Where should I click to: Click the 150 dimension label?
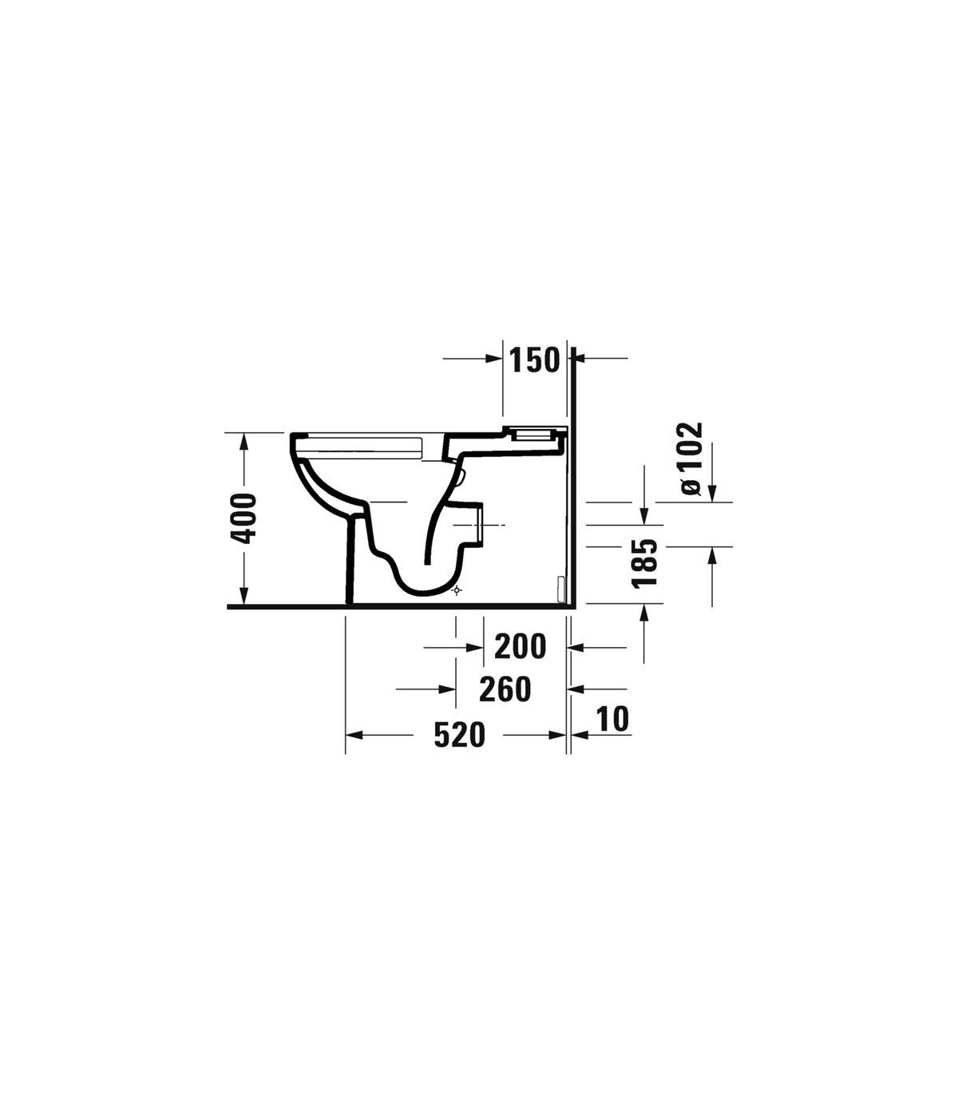click(x=533, y=360)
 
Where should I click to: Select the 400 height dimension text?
click(x=243, y=518)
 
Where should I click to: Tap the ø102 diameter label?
click(x=690, y=459)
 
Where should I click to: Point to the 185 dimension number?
click(x=644, y=563)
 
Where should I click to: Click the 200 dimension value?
click(x=520, y=646)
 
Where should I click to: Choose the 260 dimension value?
click(x=505, y=689)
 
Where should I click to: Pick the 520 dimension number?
click(x=459, y=735)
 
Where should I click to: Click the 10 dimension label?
click(x=613, y=719)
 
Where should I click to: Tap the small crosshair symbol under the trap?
click(x=456, y=590)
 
